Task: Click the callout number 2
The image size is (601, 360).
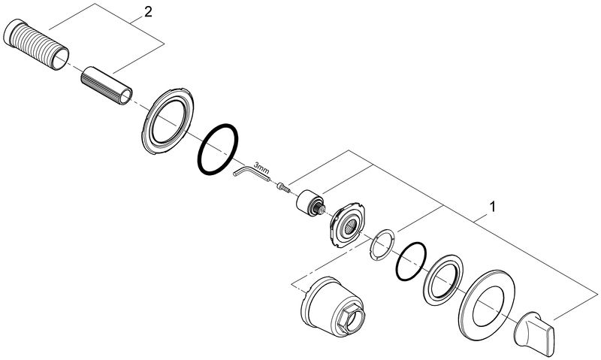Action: point(148,12)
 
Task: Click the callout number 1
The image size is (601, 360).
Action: point(493,207)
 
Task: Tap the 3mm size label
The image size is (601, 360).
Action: point(261,168)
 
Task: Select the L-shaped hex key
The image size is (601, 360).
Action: point(251,172)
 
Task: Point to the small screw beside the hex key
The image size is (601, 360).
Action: point(283,186)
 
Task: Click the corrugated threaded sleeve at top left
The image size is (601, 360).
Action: point(36,45)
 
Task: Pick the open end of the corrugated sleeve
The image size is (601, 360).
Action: point(60,59)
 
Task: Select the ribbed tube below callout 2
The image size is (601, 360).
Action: point(107,86)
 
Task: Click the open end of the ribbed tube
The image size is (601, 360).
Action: point(125,97)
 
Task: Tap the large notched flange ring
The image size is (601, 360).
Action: point(168,122)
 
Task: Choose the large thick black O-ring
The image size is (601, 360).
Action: point(217,150)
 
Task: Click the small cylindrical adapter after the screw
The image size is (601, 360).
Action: point(310,201)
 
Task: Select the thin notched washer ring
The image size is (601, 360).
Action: point(382,244)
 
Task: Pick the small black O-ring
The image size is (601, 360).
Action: point(411,262)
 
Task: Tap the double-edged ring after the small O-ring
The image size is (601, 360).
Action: point(443,280)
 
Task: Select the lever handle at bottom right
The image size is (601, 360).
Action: point(534,332)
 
